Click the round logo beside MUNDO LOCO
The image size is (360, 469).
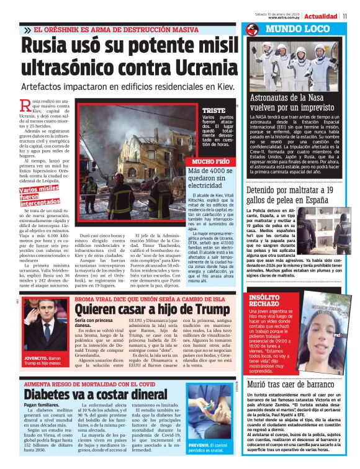pos(253,29)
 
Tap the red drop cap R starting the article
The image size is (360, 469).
pos(25,105)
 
